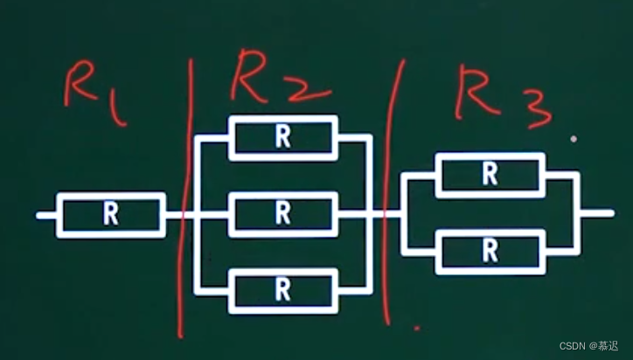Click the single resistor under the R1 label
coord(111,215)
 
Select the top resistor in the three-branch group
coord(283,138)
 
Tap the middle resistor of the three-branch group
coord(283,214)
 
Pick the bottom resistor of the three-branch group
coord(283,291)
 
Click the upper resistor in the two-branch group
coord(490,175)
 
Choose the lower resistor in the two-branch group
coord(490,252)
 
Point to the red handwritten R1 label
coord(95,93)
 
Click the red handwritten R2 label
coord(281,76)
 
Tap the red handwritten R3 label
coord(504,97)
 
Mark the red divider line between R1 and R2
coord(184,197)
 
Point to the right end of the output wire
coord(612,213)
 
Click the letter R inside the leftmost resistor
coord(111,213)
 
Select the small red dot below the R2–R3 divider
coord(417,329)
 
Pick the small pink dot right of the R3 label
coord(574,139)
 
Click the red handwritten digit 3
coord(538,109)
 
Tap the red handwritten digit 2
coord(308,90)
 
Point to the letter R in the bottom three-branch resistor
coord(282,290)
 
